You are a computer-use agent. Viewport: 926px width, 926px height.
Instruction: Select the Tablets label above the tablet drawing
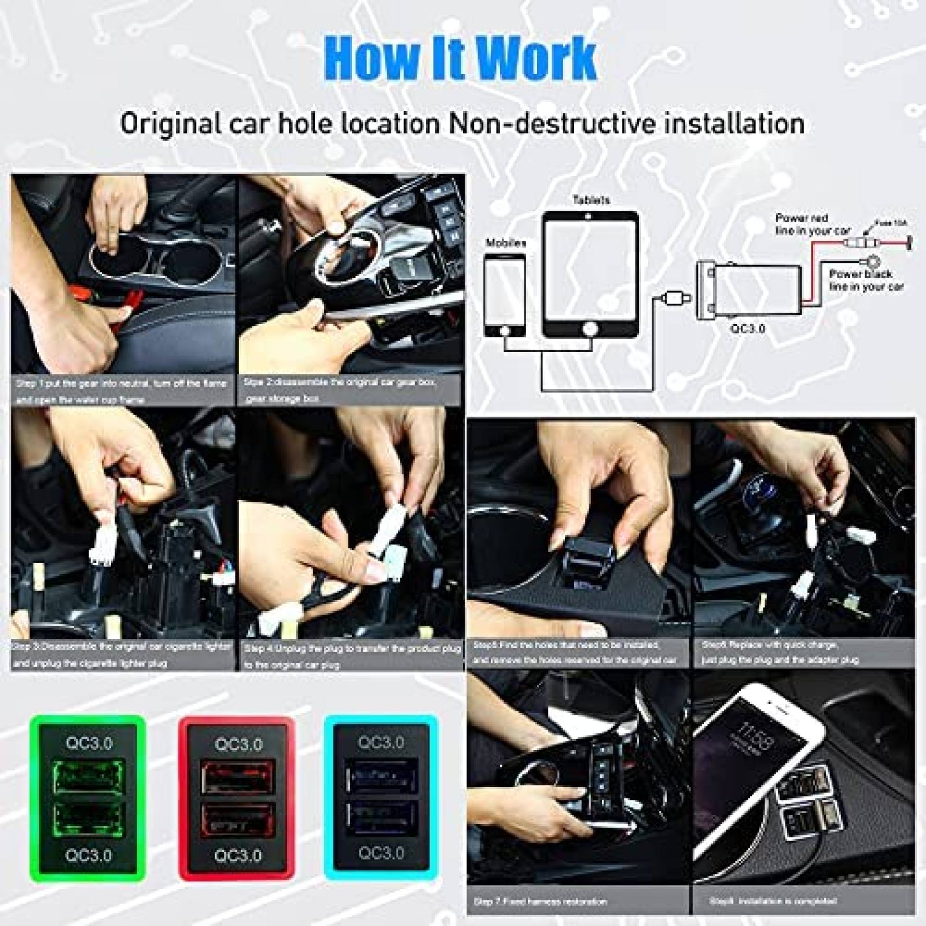coord(591,200)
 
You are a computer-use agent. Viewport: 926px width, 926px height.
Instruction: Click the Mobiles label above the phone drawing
coord(506,243)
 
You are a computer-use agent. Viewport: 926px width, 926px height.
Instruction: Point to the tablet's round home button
coord(590,329)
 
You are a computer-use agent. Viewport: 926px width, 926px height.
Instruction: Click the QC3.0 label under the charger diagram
coord(747,329)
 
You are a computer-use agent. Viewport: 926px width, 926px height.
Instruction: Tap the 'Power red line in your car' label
coord(812,225)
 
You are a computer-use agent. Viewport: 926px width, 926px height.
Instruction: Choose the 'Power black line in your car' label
coord(866,280)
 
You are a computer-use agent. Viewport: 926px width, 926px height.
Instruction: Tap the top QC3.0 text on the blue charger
coord(381,742)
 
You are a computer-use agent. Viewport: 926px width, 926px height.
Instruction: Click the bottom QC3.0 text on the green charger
coord(89,855)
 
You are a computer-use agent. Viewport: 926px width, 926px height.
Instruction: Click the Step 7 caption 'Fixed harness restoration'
coord(540,901)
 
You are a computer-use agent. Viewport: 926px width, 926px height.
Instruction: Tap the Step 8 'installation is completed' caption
coord(773,901)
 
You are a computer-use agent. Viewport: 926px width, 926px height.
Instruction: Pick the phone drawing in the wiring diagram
coord(505,295)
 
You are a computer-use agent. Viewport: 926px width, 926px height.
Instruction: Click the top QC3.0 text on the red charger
coord(238,744)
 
